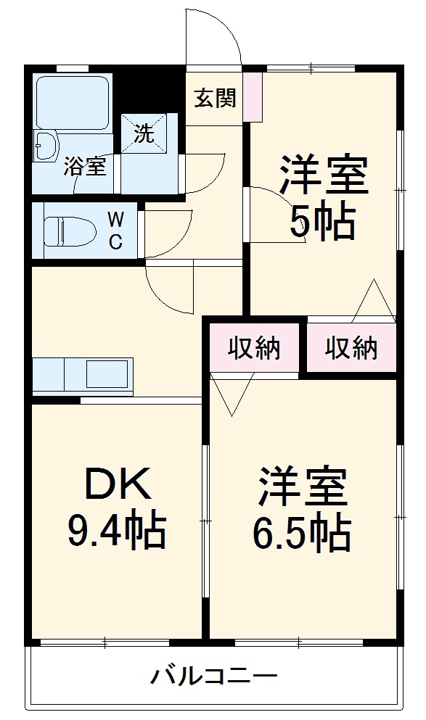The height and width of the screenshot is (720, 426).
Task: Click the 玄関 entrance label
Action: tap(214, 98)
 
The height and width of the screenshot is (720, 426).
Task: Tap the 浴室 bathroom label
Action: tap(84, 166)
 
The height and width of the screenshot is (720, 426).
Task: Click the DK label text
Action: tap(118, 484)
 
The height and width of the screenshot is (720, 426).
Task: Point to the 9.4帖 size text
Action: tap(117, 531)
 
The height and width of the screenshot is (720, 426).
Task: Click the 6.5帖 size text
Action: tap(302, 534)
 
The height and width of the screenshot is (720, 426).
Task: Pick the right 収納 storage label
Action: tap(351, 349)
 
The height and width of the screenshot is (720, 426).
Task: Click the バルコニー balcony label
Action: tap(214, 678)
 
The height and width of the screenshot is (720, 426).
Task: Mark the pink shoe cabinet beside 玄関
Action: tap(252, 96)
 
